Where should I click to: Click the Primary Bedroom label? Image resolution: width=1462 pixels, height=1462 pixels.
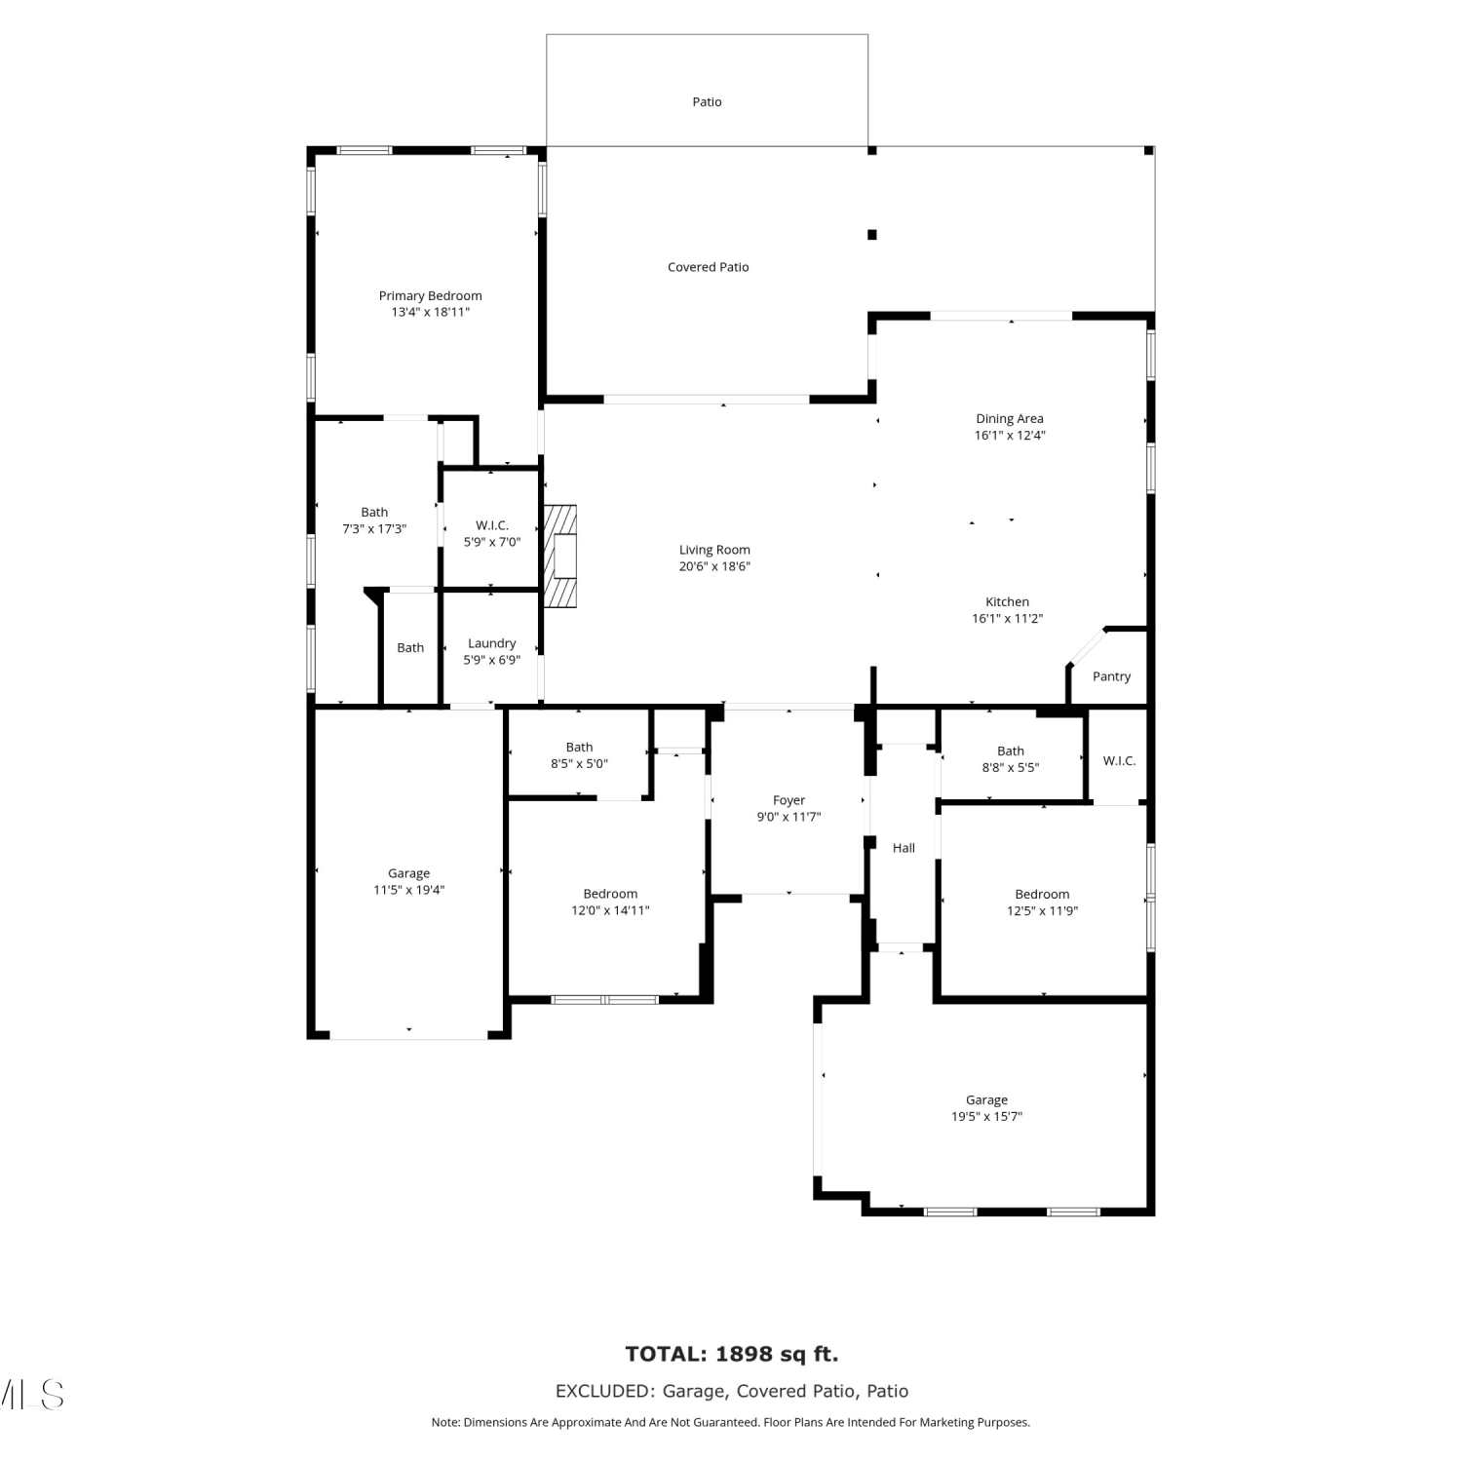430,295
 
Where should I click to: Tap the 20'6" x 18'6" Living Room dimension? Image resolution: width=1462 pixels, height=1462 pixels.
714,566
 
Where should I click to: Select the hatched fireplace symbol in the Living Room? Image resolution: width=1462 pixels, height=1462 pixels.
560,557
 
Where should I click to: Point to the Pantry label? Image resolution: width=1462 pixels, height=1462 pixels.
1111,676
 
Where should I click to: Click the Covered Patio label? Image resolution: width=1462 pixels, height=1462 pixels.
708,267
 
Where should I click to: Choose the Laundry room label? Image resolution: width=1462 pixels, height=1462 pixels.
491,643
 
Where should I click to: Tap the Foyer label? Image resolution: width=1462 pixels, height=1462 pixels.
789,800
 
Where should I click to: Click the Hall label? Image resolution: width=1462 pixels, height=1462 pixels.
904,848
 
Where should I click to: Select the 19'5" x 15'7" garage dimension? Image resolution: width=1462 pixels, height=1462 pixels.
986,1117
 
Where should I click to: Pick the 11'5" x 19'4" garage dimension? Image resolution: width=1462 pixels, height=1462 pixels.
408,890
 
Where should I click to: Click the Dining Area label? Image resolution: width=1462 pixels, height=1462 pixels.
1010,419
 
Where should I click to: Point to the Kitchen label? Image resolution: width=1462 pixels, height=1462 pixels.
1007,602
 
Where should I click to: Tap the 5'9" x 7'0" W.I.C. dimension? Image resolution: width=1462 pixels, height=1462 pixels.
491,542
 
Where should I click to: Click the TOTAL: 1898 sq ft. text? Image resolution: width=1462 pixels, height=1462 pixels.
732,1354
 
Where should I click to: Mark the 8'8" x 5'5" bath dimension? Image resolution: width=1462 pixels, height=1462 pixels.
1010,767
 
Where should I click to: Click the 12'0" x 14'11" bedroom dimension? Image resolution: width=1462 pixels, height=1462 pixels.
610,910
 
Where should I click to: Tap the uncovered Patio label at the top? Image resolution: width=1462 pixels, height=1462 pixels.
707,101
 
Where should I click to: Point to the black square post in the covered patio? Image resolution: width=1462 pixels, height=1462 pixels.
872,234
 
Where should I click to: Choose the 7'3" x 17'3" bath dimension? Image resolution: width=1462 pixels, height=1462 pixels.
374,529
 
